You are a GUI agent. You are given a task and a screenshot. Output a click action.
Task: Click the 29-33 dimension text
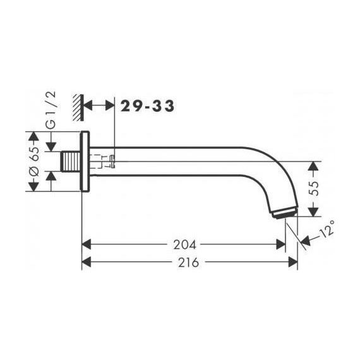(x=147, y=105)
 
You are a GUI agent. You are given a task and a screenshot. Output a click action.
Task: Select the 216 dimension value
(x=188, y=261)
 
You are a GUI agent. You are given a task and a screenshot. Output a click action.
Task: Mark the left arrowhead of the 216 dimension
(x=87, y=261)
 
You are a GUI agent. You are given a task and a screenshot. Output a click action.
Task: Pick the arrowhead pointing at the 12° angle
(x=306, y=241)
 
